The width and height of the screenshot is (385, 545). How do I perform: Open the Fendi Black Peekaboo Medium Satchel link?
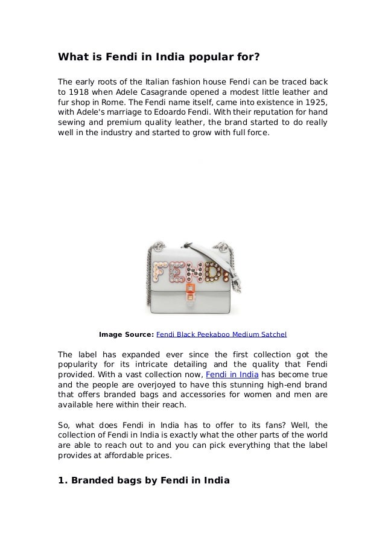[221, 333]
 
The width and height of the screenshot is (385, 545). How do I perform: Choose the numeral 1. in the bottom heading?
[62, 480]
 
